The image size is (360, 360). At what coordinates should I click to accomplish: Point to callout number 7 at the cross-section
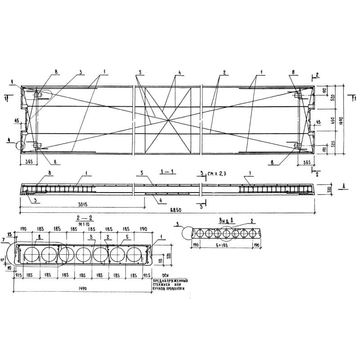(x=4, y=241)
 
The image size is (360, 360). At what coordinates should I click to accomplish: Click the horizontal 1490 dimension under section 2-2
(x=83, y=288)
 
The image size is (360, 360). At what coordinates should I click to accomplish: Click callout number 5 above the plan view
(x=140, y=72)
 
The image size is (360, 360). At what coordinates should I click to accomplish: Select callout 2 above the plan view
(x=223, y=72)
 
